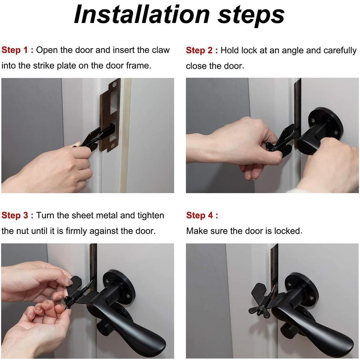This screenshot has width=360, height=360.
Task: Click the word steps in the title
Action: (x=251, y=14)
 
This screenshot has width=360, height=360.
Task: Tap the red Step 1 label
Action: (x=17, y=50)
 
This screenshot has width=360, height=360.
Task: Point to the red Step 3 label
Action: (x=17, y=215)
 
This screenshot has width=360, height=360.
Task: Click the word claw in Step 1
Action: (x=161, y=50)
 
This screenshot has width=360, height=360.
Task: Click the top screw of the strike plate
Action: (x=114, y=84)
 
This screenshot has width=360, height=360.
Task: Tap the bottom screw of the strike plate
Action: (x=112, y=145)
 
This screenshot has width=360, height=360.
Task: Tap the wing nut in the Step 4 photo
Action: (x=259, y=309)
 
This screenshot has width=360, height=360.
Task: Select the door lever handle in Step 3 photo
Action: (x=141, y=327)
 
